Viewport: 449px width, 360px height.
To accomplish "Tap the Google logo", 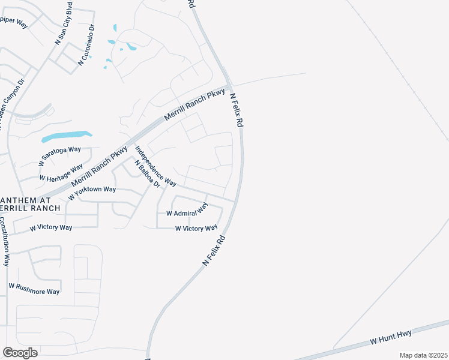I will [20, 353].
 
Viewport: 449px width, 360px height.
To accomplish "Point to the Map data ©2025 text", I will [423, 355].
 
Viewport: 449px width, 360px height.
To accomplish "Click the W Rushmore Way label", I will [34, 289].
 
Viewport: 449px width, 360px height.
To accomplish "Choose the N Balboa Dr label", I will [148, 174].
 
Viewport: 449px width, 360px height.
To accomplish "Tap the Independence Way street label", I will [155, 166].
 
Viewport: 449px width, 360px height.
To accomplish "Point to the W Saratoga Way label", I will [59, 156].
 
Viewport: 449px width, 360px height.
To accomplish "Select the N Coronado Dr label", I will [87, 45].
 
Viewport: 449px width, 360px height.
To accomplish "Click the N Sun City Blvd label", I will [64, 23].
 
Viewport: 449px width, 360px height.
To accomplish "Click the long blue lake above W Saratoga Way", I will [66, 137].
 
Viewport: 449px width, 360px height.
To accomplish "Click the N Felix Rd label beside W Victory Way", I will [214, 251].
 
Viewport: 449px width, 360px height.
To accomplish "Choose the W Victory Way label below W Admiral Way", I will [196, 229].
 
